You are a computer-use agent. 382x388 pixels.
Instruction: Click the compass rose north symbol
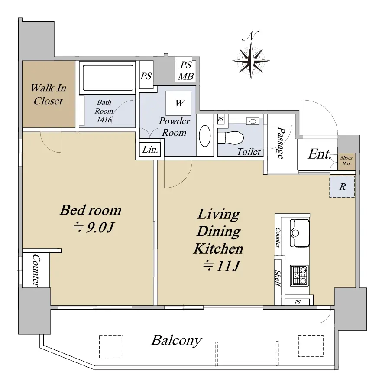(251, 55)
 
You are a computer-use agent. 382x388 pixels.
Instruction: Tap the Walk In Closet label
(49, 95)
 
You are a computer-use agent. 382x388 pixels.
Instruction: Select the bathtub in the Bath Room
(108, 78)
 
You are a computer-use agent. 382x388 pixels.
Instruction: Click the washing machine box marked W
(178, 103)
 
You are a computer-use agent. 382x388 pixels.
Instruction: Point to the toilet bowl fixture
(230, 137)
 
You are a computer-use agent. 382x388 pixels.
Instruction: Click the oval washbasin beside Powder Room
(205, 136)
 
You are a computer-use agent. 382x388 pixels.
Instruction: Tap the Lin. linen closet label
(150, 150)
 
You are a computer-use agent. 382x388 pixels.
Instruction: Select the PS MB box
(185, 71)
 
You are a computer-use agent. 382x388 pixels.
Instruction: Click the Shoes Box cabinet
(346, 161)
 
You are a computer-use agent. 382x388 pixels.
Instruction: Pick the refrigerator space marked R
(342, 187)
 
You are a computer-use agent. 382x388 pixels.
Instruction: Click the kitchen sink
(300, 233)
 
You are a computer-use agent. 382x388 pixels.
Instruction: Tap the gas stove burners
(299, 275)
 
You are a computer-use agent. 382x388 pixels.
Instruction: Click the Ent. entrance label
(319, 154)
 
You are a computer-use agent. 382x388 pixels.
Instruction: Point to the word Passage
(281, 143)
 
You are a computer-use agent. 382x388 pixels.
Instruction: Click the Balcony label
(177, 341)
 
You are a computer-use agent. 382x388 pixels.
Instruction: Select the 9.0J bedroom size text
(94, 228)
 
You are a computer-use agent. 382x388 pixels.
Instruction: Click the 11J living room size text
(221, 266)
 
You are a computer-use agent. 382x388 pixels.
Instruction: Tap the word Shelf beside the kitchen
(278, 278)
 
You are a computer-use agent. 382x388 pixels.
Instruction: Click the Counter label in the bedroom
(36, 271)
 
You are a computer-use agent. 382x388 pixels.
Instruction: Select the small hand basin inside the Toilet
(253, 121)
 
